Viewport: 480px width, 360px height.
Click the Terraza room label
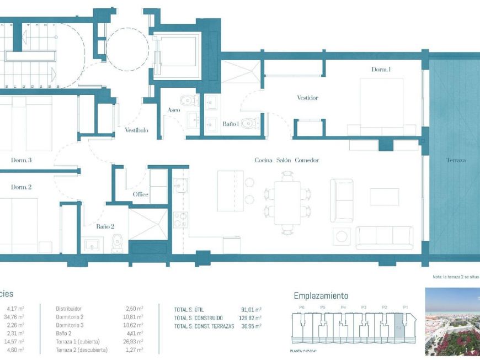tap(456, 161)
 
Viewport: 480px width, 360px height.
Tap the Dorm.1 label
tap(381, 70)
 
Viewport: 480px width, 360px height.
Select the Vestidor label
tap(307, 98)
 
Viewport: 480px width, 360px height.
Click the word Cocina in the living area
tap(264, 161)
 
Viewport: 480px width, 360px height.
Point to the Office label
tap(140, 194)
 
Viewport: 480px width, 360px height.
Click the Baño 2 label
tap(105, 226)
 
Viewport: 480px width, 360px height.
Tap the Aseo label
tap(174, 110)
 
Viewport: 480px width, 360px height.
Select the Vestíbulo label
tap(136, 130)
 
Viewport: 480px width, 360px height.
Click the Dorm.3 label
tap(21, 160)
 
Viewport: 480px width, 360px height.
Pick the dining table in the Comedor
tap(287, 202)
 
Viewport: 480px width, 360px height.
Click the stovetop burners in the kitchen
tap(180, 220)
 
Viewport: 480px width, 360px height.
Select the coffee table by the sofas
tap(384, 197)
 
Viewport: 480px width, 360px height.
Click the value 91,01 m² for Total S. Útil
tap(250, 310)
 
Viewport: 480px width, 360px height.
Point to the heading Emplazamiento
tap(321, 296)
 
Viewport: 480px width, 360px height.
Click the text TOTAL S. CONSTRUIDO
tap(199, 318)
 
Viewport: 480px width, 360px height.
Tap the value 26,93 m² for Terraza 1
tap(134, 342)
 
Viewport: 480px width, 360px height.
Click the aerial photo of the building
tap(452, 321)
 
